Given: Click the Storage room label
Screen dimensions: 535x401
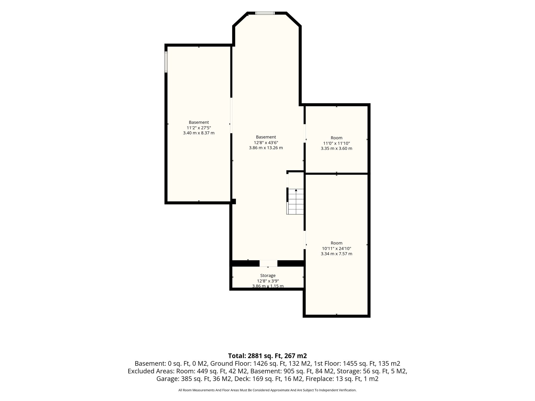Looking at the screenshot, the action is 268,275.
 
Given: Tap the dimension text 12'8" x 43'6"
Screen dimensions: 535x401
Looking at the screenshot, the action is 266,143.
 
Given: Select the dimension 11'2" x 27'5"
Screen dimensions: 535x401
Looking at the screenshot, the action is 199,128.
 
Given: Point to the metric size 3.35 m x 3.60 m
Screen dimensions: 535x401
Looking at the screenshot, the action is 336,148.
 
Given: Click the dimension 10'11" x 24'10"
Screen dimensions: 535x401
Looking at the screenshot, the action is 336,249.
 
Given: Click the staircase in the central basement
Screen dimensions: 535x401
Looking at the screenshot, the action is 295,201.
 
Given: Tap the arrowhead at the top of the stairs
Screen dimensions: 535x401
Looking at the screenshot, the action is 296,190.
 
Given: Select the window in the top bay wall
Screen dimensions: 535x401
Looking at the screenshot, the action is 265,13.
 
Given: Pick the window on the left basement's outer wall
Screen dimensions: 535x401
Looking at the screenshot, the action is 166,62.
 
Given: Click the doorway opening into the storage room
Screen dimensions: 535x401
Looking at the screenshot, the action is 268,263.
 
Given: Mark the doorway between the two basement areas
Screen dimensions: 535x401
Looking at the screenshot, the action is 231,115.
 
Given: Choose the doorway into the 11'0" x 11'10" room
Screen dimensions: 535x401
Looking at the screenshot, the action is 305,133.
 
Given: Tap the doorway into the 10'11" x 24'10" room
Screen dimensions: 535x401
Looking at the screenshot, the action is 305,240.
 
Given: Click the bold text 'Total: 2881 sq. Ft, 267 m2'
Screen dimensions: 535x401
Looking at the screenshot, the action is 267,356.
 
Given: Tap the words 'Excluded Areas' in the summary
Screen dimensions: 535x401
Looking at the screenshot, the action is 151,371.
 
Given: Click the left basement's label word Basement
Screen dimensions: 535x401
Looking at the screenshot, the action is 199,122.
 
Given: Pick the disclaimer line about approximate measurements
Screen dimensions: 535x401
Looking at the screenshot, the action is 267,390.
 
